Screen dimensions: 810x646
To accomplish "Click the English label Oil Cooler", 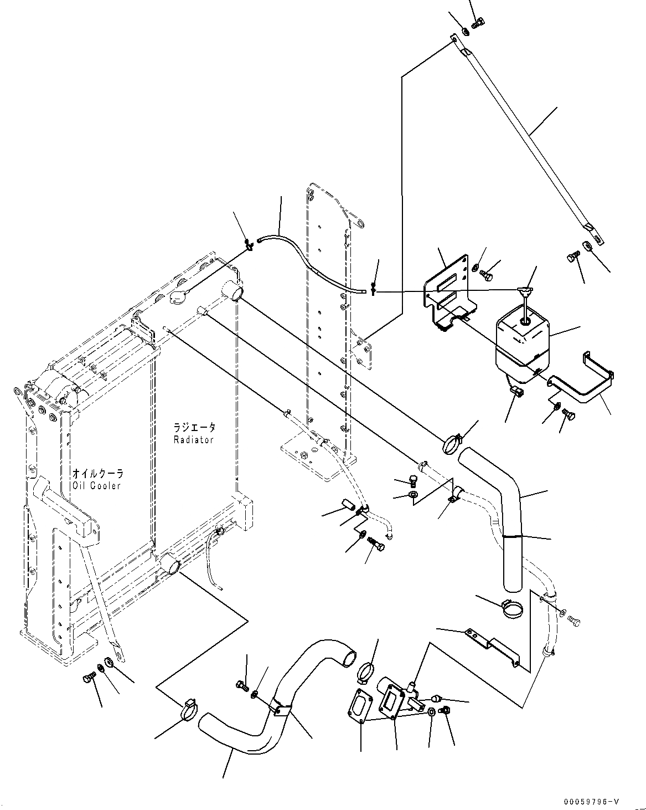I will pos(96,485).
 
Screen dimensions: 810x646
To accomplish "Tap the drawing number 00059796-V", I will pos(591,802).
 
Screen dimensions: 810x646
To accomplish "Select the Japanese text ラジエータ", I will pos(194,428).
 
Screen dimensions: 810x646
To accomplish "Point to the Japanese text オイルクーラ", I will pos(97,474).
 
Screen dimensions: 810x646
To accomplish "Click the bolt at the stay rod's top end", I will pos(479,23).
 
